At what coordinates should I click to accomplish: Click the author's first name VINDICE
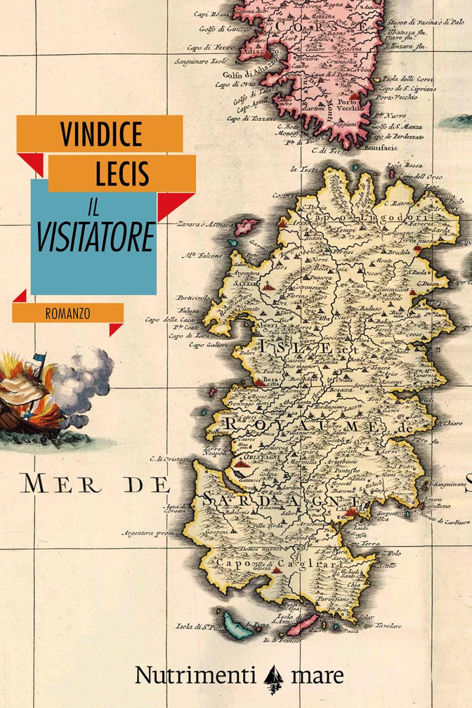point(101,134)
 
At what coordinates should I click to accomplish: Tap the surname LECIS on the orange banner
point(123,173)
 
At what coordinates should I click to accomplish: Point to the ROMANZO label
point(67,313)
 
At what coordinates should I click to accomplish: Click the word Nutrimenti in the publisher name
point(195,675)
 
